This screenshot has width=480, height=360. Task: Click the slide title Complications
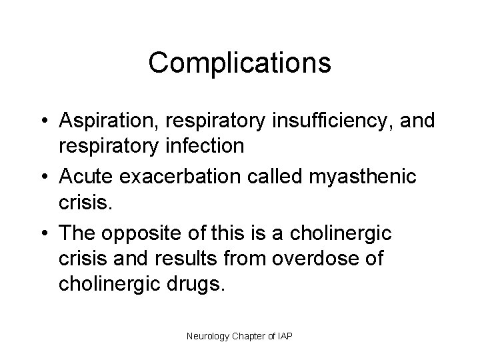pos(239,63)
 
